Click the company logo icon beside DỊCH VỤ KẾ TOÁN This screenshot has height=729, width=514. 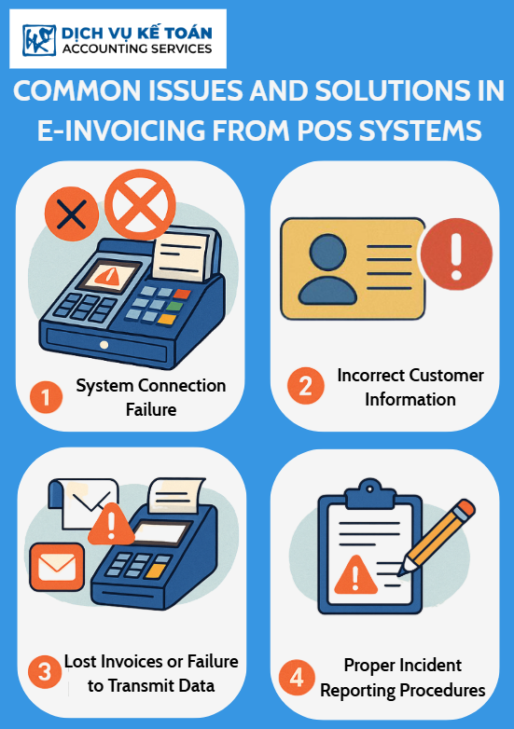pyautogui.click(x=39, y=40)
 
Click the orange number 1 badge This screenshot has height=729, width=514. pyautogui.click(x=46, y=397)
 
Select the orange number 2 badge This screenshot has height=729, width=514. pyautogui.click(x=306, y=385)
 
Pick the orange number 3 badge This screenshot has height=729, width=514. pyautogui.click(x=45, y=672)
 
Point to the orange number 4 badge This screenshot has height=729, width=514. pyautogui.click(x=297, y=678)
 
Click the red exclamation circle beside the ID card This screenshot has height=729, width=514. pyautogui.click(x=456, y=254)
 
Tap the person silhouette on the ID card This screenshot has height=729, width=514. pyautogui.click(x=327, y=269)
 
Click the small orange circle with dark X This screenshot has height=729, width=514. pyautogui.click(x=72, y=213)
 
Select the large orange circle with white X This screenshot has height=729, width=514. pyautogui.click(x=140, y=204)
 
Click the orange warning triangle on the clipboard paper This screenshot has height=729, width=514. pyautogui.click(x=355, y=575)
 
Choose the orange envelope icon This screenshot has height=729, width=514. pyautogui.click(x=57, y=567)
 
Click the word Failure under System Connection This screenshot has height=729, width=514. pyautogui.click(x=151, y=409)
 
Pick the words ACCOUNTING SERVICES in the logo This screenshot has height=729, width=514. pyautogui.click(x=137, y=48)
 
